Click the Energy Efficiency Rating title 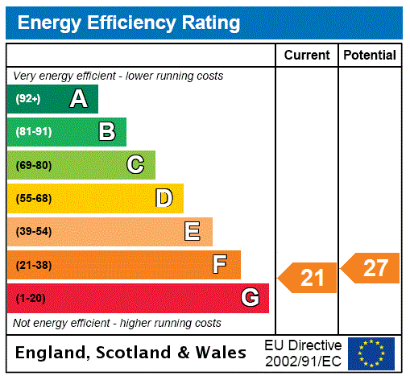[x=128, y=23]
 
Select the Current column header [x=307, y=56]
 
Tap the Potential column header [x=369, y=56]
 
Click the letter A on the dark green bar [x=78, y=99]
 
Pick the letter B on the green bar [x=106, y=132]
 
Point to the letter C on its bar [x=135, y=165]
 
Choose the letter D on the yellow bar [x=164, y=198]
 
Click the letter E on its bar [x=193, y=232]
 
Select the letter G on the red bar [x=250, y=299]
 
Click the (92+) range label [x=28, y=100]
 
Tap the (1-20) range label [x=31, y=299]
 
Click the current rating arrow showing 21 [x=308, y=278]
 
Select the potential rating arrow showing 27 [x=371, y=267]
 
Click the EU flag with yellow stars [x=371, y=353]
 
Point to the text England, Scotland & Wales [x=131, y=353]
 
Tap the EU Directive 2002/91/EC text [x=303, y=353]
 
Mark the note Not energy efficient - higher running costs [x=117, y=323]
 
